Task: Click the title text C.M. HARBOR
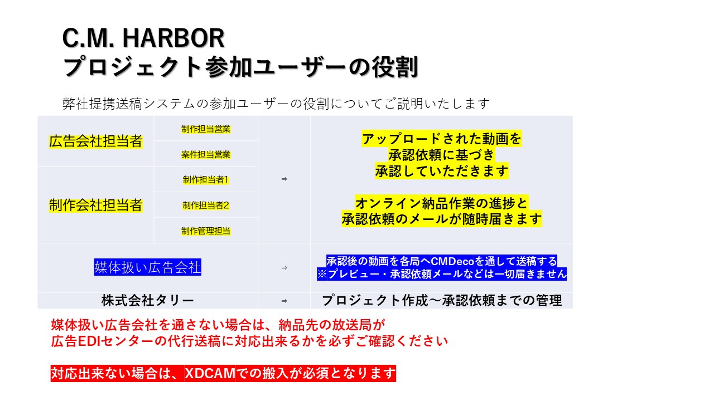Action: point(143,38)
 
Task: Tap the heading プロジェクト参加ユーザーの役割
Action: point(240,67)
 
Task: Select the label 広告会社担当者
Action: point(95,141)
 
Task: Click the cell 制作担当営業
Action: point(206,129)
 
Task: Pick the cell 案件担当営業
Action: point(206,154)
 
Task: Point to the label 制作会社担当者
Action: point(95,205)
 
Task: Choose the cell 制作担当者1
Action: point(206,180)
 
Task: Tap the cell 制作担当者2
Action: point(206,205)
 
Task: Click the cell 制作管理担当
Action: point(206,231)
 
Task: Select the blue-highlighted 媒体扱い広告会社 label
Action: point(148,268)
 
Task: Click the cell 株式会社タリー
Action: point(148,301)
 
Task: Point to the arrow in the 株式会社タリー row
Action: point(284,301)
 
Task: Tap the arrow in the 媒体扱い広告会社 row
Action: point(284,268)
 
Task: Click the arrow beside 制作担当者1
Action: point(284,179)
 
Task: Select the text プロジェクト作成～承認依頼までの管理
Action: point(441,301)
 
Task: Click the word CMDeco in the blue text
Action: point(452,261)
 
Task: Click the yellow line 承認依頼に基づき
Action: point(441,154)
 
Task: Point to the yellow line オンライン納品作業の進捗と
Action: point(441,202)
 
